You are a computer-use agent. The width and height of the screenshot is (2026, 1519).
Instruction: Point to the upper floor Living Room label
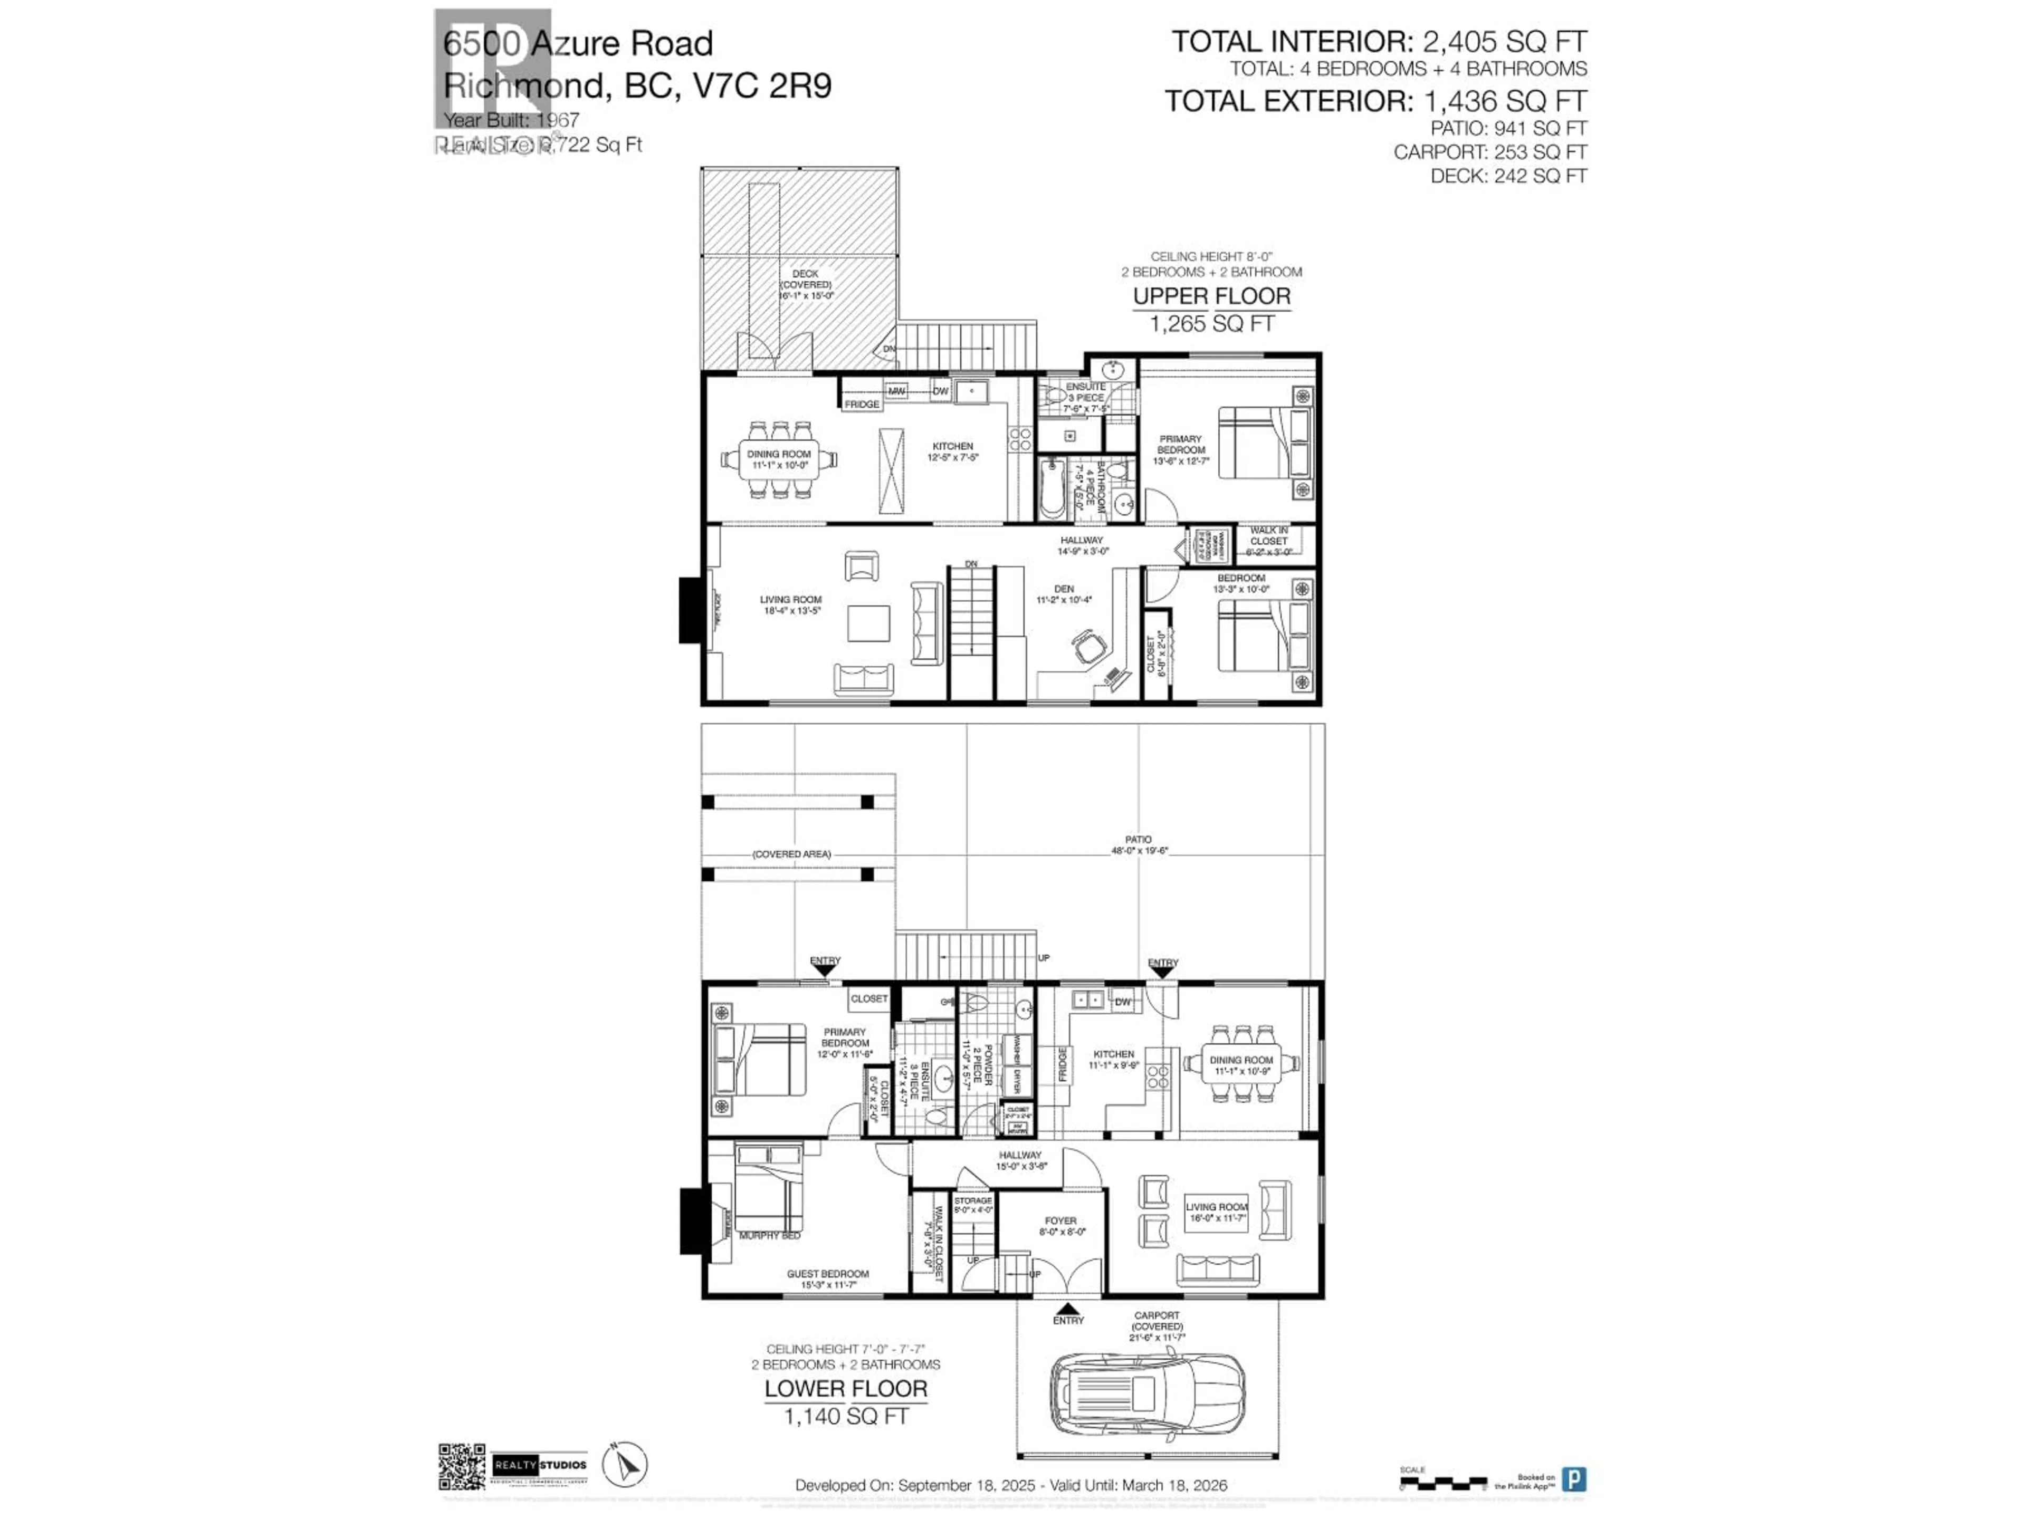point(790,604)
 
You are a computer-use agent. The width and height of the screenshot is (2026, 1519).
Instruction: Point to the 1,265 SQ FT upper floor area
point(1212,323)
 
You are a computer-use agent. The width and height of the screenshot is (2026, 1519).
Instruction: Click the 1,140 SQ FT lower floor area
point(845,1417)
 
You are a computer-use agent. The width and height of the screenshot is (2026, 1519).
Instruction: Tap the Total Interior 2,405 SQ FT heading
point(1379,41)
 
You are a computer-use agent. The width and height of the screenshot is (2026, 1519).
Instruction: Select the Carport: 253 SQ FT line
point(1489,152)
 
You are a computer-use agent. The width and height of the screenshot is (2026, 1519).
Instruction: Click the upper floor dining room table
point(779,459)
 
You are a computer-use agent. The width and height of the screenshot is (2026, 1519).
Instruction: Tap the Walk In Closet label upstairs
point(1268,541)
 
